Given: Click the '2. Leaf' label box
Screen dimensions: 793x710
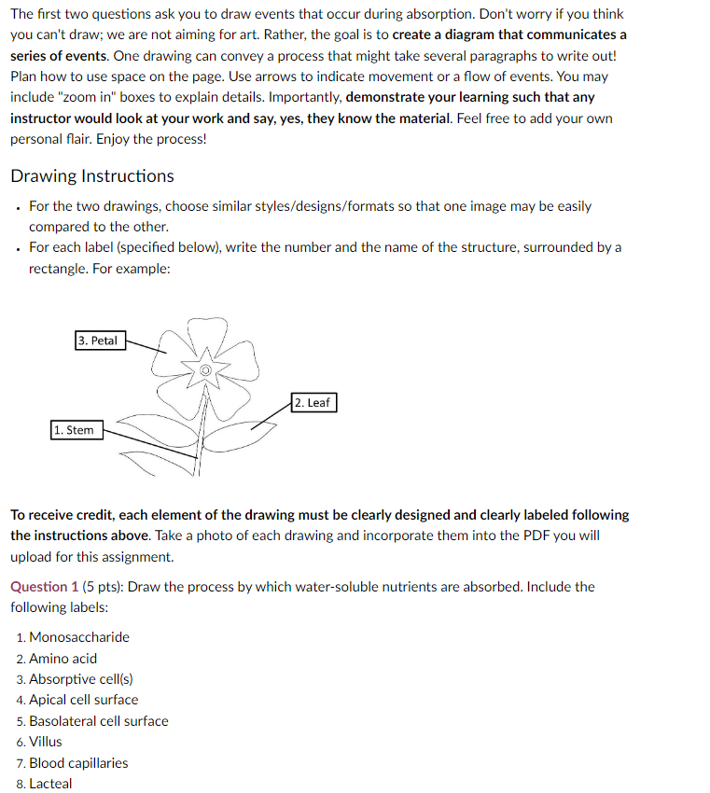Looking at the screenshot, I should click(x=312, y=402).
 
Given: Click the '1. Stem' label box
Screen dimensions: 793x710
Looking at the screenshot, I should click(x=74, y=430).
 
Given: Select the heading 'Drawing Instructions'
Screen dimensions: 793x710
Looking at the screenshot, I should click(x=91, y=175).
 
